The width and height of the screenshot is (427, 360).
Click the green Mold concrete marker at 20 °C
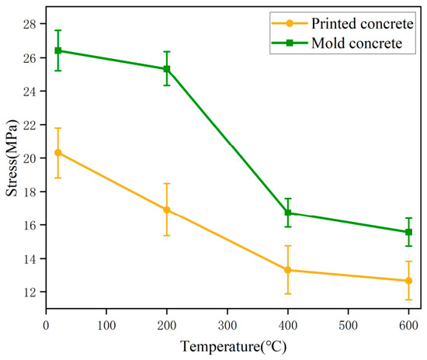pyautogui.click(x=58, y=50)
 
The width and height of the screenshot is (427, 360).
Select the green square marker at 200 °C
pyautogui.click(x=167, y=69)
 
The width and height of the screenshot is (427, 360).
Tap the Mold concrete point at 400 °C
pyautogui.click(x=288, y=213)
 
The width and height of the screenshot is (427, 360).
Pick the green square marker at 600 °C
pyautogui.click(x=408, y=232)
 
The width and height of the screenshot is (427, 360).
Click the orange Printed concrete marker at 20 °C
pyautogui.click(x=58, y=153)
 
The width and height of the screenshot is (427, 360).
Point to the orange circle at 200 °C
pyautogui.click(x=167, y=209)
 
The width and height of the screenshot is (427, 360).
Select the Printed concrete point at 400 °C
pyautogui.click(x=288, y=270)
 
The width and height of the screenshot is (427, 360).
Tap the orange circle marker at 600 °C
pyautogui.click(x=408, y=281)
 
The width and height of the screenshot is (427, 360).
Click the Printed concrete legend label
pyautogui.click(x=363, y=24)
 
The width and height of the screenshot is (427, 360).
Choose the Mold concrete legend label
pyautogui.click(x=357, y=43)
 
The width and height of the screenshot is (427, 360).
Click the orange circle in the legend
pyautogui.click(x=290, y=23)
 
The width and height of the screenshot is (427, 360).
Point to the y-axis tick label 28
pyautogui.click(x=30, y=24)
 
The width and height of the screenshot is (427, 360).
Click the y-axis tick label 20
pyautogui.click(x=30, y=158)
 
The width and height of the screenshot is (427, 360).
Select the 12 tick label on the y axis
pyautogui.click(x=30, y=292)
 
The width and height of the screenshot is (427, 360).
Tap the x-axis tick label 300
pyautogui.click(x=227, y=325)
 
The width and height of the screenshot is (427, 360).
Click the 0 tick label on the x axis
pyautogui.click(x=46, y=325)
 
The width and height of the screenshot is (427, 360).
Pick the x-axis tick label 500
pyautogui.click(x=348, y=325)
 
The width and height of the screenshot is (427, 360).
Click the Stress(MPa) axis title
pyautogui.click(x=12, y=157)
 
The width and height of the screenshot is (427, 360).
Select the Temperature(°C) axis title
pyautogui.click(x=234, y=347)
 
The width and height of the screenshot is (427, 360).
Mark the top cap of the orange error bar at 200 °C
pyautogui.click(x=167, y=184)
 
